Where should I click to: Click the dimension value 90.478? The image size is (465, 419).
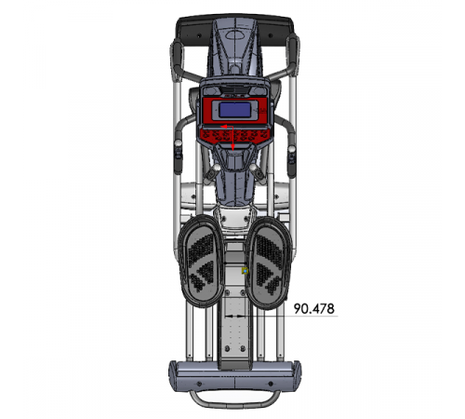(x=314, y=308)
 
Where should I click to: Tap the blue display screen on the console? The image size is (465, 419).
(x=235, y=110)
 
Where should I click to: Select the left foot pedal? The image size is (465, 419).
(x=202, y=261)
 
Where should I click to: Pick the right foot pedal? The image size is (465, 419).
(x=269, y=264)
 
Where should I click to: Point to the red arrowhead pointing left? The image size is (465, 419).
(x=223, y=127)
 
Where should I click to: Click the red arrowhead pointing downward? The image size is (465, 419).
(x=232, y=148)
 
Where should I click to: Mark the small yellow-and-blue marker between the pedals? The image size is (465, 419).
(x=246, y=271)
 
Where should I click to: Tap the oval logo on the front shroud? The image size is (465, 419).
(x=235, y=34)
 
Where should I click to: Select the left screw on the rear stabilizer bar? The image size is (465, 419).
(x=199, y=384)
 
